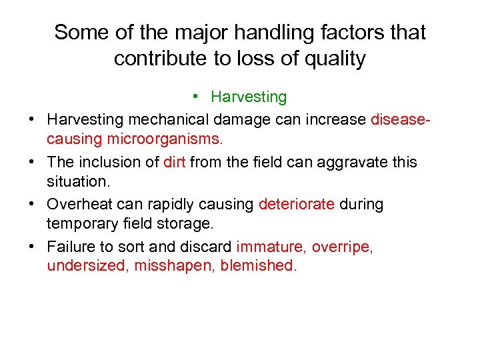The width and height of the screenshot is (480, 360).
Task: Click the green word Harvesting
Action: pos(249,97)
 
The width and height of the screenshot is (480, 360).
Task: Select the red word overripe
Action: pos(343,246)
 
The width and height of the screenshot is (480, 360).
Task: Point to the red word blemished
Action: pos(261,266)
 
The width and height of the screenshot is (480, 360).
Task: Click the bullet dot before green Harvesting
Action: pos(197,97)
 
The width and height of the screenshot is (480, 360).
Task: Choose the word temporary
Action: pos(86,224)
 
